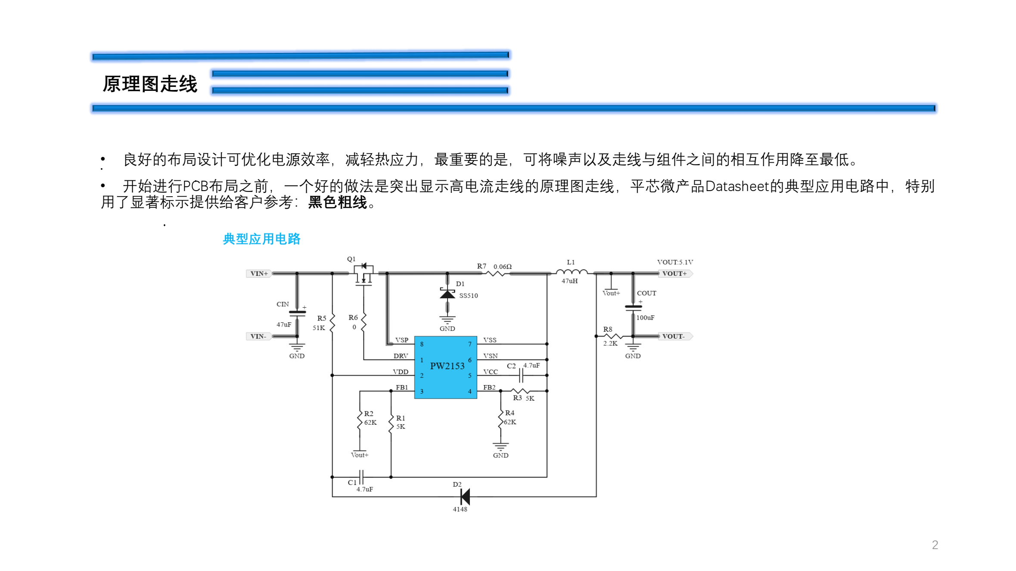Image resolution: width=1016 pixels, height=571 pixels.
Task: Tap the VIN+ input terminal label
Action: click(259, 274)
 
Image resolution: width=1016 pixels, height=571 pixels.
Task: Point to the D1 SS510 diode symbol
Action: click(447, 294)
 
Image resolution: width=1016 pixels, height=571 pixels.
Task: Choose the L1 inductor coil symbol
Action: click(571, 272)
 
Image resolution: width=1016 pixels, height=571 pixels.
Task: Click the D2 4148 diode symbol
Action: click(465, 497)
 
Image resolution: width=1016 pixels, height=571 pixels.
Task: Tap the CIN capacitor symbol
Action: click(297, 313)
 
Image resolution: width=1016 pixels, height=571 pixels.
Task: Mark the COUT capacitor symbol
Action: click(633, 307)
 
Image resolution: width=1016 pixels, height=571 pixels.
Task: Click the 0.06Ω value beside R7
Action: click(503, 267)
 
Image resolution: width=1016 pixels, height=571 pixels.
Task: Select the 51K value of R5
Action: click(319, 328)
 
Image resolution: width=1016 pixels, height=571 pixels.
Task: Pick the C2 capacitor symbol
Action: click(521, 375)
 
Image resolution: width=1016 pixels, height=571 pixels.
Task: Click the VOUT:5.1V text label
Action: click(675, 262)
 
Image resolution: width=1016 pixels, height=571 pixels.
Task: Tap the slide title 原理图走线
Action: click(150, 84)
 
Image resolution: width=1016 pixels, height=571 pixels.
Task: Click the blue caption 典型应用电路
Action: click(261, 239)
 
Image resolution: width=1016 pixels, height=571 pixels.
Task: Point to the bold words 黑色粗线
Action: click(337, 202)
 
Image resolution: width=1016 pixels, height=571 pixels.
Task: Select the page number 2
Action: click(935, 545)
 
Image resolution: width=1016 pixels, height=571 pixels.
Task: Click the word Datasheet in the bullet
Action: click(737, 186)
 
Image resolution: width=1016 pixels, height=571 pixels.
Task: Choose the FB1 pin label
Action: click(402, 387)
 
